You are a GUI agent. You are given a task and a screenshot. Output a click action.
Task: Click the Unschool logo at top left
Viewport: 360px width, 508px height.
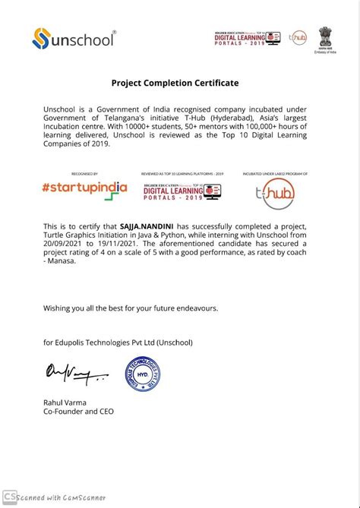(74, 37)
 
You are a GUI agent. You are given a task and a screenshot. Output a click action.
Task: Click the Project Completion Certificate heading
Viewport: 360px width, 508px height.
(175, 83)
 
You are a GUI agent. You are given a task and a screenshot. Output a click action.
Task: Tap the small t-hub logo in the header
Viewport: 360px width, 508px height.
(298, 37)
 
